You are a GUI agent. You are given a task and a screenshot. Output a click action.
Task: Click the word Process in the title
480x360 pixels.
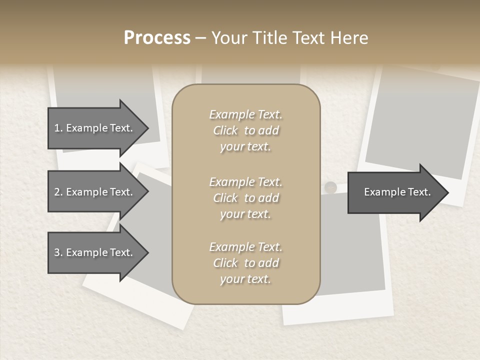pos(157,38)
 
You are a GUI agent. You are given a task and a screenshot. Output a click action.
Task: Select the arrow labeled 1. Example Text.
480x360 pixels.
pos(95,128)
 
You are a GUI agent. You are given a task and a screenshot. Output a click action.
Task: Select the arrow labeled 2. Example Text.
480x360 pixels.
pos(95,192)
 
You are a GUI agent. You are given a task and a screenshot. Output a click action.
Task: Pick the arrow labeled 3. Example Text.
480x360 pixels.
pos(95,252)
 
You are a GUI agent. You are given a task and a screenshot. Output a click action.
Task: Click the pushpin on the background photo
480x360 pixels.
pos(330,187)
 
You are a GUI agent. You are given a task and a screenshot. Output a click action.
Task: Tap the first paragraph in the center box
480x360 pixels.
pos(245,130)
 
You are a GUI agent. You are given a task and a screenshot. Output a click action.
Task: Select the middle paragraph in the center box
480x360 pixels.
pos(245,198)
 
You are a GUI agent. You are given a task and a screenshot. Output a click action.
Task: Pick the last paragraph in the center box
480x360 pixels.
pos(245,263)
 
